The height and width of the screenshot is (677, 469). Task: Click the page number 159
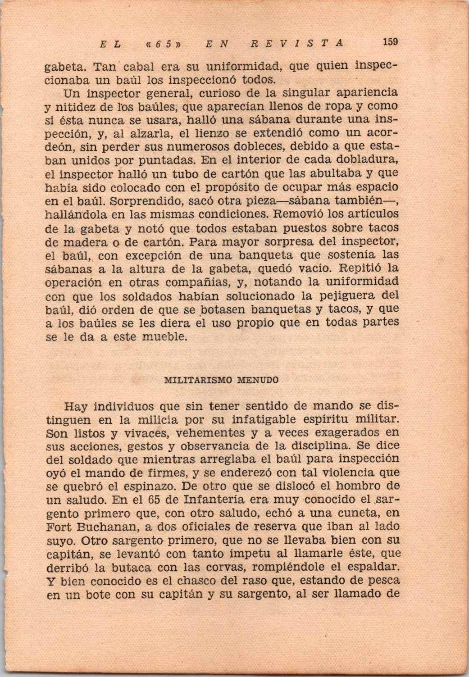[x=390, y=42]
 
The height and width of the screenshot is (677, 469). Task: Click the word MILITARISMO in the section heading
[x=192, y=380]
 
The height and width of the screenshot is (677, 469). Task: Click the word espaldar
[x=369, y=567]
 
